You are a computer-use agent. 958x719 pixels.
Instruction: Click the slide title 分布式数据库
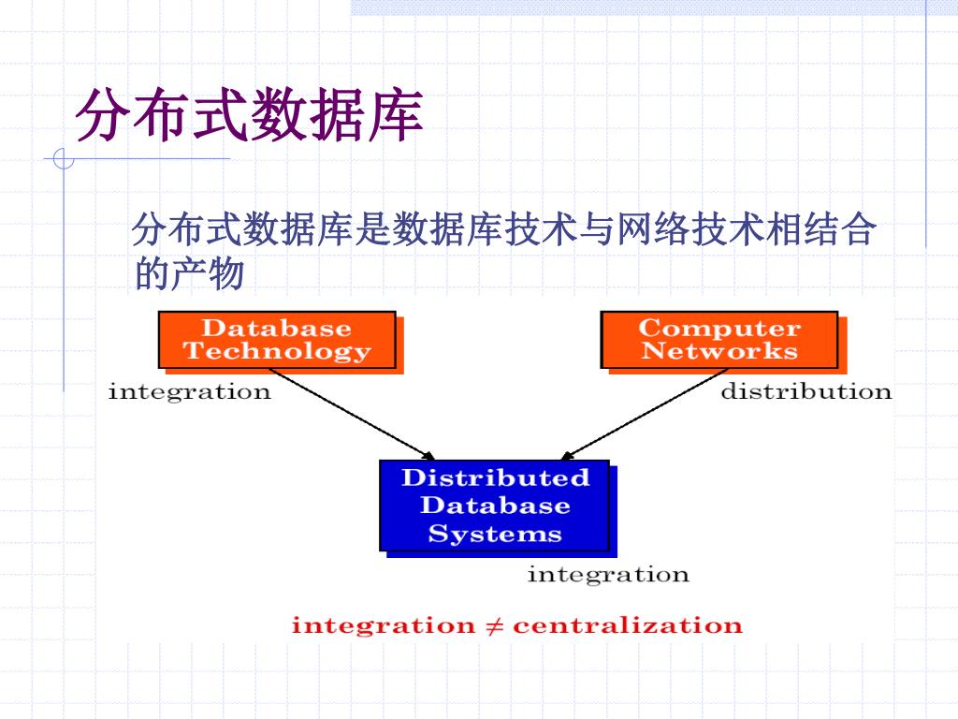point(249,116)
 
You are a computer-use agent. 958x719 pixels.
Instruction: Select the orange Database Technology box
point(277,340)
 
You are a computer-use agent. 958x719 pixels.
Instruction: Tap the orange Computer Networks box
point(718,340)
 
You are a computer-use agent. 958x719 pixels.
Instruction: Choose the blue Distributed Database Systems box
point(495,506)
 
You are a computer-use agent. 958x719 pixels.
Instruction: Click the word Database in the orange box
point(277,329)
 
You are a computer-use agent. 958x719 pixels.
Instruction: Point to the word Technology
point(277,352)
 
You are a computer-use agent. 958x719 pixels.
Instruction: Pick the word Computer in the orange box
point(718,329)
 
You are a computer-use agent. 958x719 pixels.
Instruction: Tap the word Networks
point(718,352)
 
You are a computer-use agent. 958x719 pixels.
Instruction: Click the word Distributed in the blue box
point(495,477)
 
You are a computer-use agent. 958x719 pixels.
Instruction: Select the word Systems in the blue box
point(495,535)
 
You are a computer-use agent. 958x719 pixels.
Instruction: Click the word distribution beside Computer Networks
point(806,391)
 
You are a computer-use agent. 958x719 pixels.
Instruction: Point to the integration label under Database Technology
point(189,391)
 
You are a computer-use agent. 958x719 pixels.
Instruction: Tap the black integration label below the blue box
point(608,574)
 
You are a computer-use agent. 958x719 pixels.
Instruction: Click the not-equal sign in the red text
point(493,625)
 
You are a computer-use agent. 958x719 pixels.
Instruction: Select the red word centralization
point(627,625)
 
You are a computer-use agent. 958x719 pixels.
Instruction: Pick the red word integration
point(384,625)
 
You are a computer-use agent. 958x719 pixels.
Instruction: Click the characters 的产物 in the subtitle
point(190,274)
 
